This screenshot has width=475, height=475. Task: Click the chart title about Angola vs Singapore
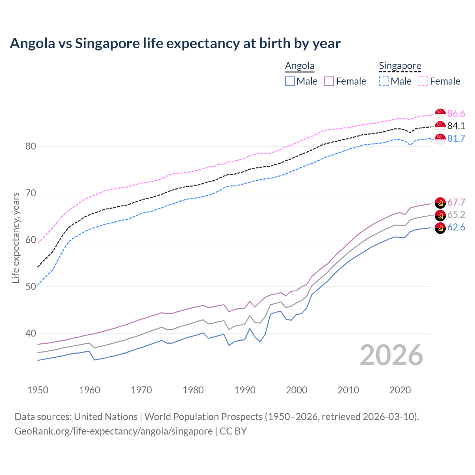[175, 43]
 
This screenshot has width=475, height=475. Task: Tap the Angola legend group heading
[299, 66]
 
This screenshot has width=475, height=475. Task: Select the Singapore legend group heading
[400, 66]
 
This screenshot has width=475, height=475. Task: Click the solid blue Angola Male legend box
[290, 81]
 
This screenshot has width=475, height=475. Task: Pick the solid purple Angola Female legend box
[329, 81]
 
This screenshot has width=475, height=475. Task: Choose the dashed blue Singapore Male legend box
[384, 81]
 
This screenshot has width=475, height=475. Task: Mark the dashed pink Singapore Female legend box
[423, 81]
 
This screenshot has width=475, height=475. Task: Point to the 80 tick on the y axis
[31, 146]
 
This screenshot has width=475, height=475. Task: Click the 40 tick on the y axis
[31, 333]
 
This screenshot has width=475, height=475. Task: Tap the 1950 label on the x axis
[38, 390]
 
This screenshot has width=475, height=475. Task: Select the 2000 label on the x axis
[297, 390]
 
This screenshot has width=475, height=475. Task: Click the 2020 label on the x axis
[400, 390]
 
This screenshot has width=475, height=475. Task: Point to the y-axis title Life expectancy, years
[16, 237]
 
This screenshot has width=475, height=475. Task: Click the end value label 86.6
[456, 114]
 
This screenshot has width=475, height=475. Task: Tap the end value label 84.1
[456, 126]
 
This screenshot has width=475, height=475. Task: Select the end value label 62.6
[456, 227]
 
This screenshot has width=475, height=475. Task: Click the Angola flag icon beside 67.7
[440, 203]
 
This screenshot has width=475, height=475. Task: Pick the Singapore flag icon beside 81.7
[440, 139]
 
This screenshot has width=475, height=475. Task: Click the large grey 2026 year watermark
[391, 355]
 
